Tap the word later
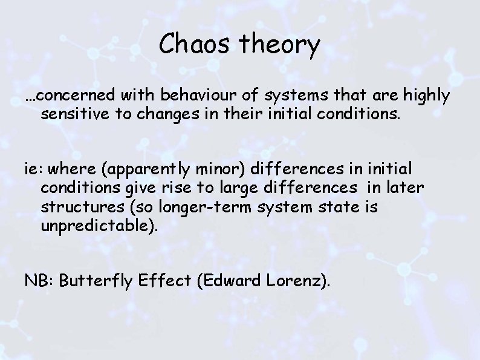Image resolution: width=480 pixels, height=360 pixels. [x=407, y=189]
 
